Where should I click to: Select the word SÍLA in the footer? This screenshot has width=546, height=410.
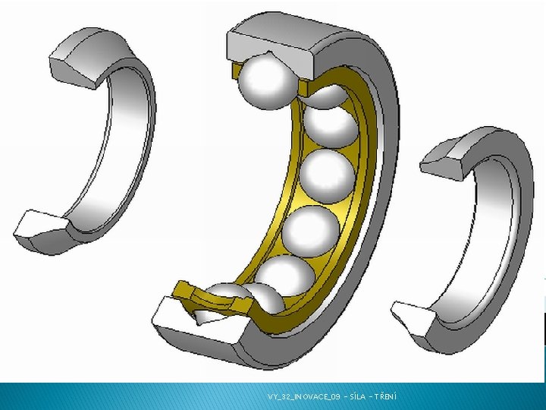(357, 396)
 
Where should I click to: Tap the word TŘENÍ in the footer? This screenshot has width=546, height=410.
(385, 396)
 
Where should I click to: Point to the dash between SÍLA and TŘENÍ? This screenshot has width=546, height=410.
(371, 397)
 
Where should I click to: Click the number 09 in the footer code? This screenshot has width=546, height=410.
(335, 396)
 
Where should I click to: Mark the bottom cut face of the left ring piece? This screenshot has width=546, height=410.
(40, 225)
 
